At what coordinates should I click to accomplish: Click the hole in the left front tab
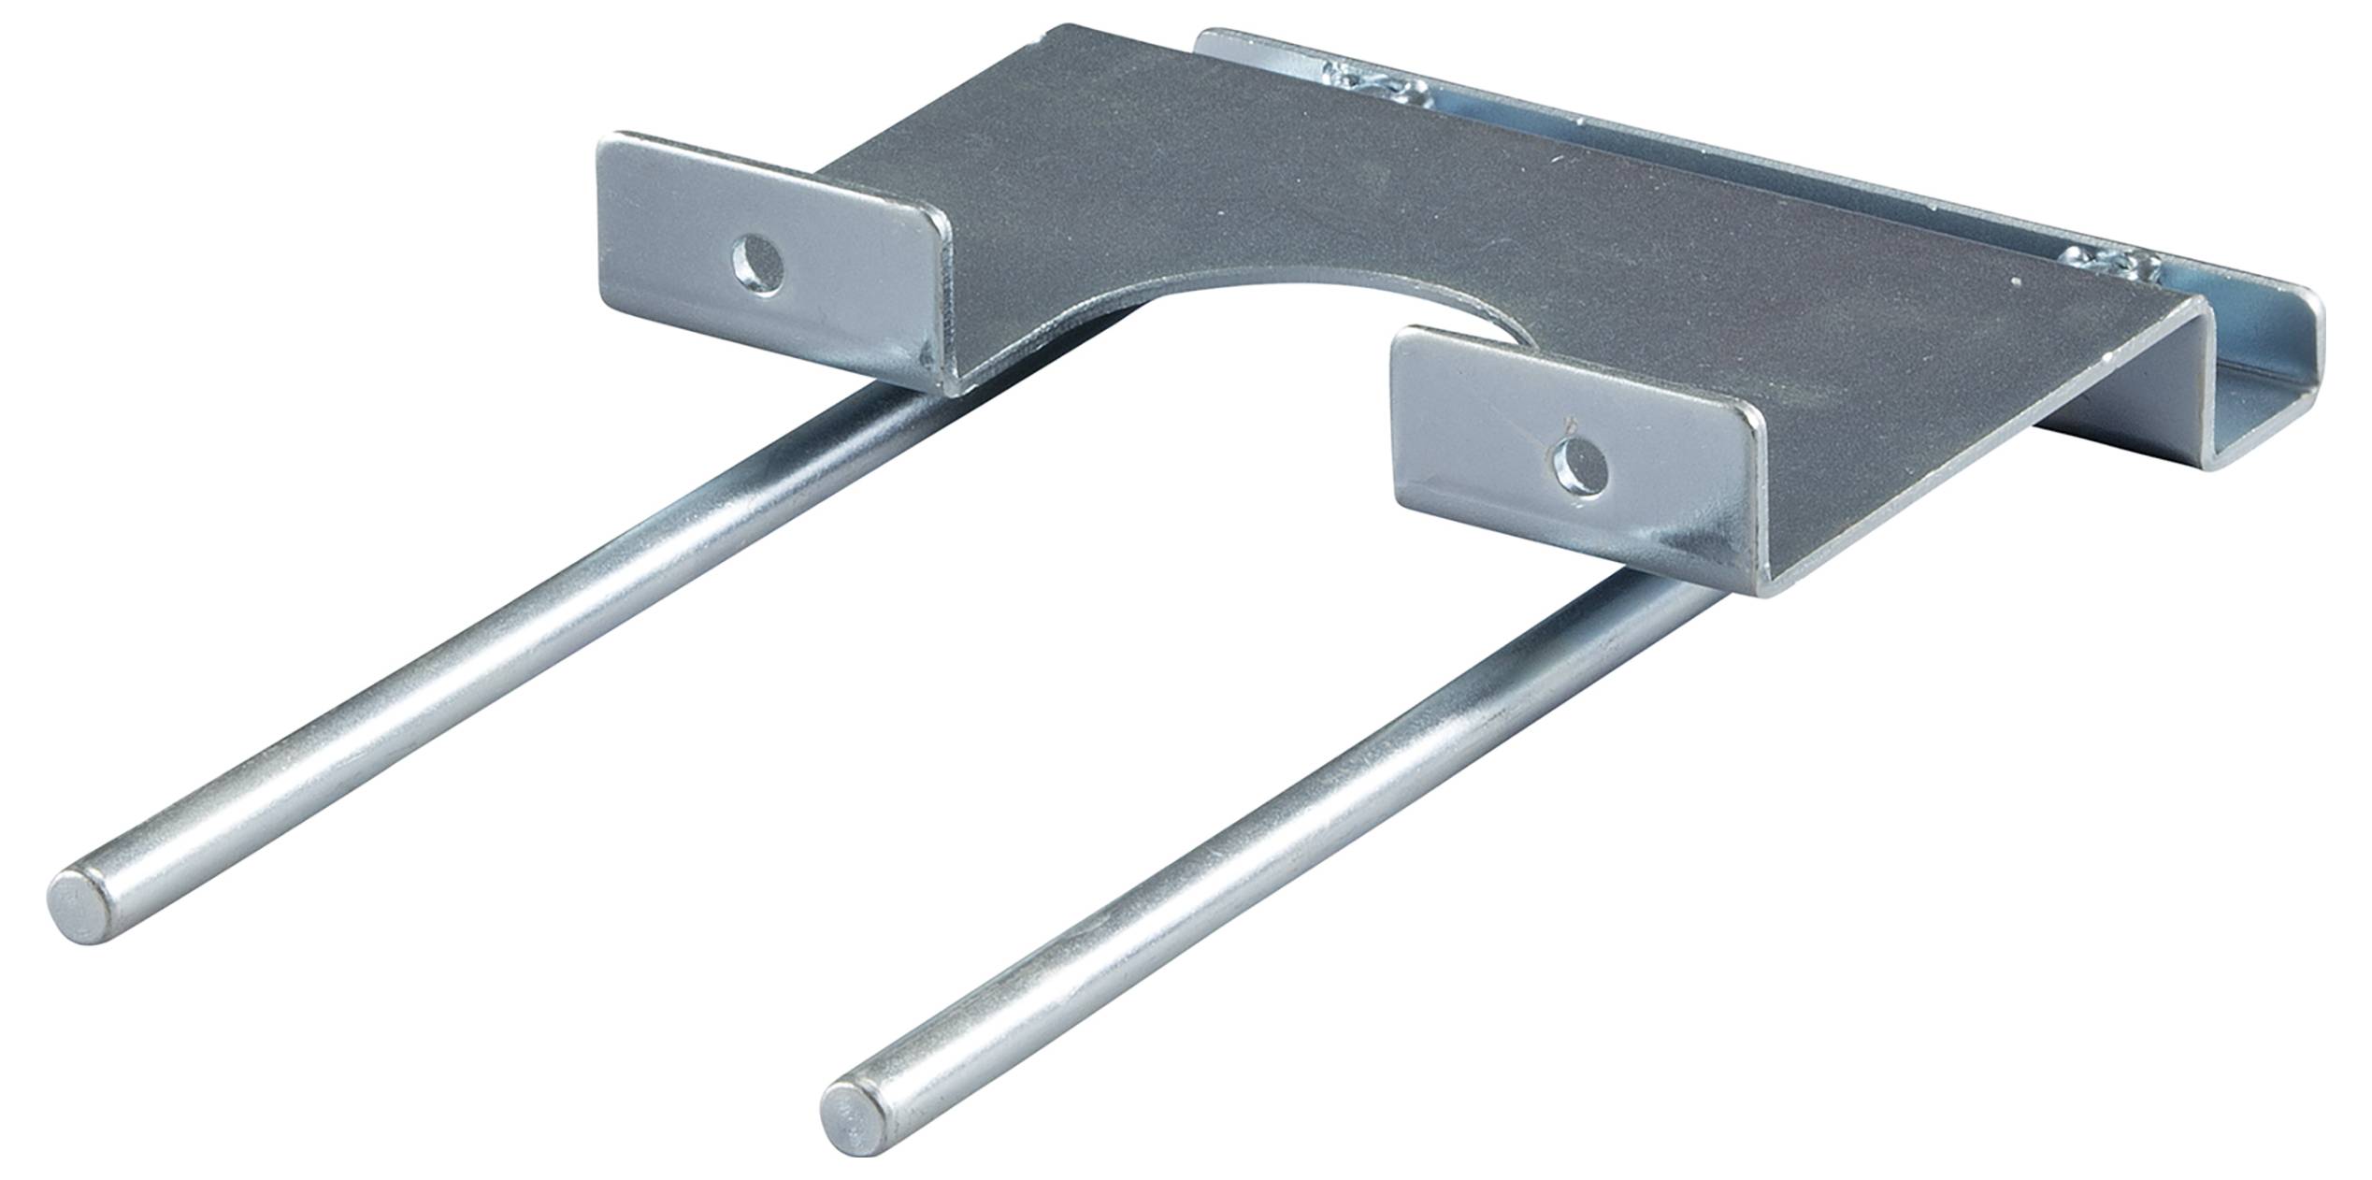point(758,266)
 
